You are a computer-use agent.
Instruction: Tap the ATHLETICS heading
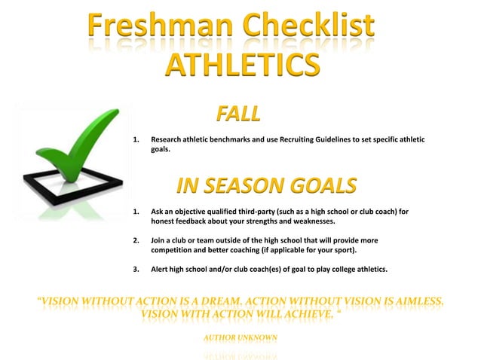[241, 66]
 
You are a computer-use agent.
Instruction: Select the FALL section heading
[238, 114]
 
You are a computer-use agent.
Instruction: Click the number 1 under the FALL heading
[136, 140]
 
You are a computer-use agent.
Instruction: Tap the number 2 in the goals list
[136, 240]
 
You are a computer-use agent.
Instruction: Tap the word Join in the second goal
[159, 240]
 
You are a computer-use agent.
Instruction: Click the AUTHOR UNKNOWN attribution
[240, 337]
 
